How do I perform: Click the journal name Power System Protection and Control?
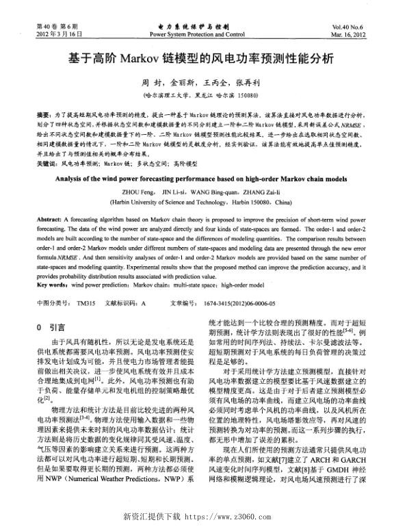coord(196,33)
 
